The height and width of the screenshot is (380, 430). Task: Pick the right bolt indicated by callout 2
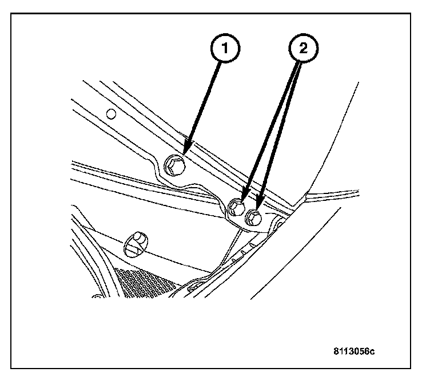pyautogui.click(x=253, y=217)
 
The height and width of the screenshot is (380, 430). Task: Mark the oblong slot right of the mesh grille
pyautogui.click(x=194, y=283)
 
